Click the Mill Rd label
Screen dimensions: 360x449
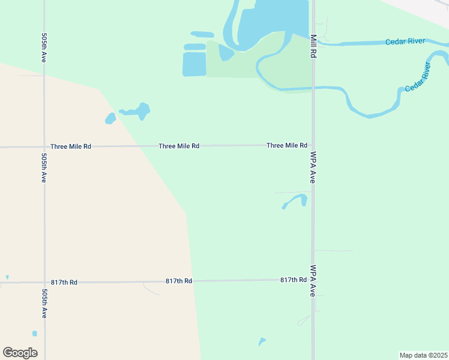click(313, 46)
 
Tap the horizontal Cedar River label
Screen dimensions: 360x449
click(405, 41)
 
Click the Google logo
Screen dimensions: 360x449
click(20, 353)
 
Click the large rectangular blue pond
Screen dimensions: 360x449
click(194, 64)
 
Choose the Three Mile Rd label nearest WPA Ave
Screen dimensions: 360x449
click(287, 145)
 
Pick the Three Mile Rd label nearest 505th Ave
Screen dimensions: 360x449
click(71, 146)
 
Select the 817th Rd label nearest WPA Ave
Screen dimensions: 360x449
click(293, 280)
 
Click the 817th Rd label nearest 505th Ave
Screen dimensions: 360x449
click(64, 282)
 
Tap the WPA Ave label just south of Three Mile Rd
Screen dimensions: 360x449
click(313, 167)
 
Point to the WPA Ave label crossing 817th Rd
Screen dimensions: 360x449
click(313, 281)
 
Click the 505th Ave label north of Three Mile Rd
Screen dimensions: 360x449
click(44, 48)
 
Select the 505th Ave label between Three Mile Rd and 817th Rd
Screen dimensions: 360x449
click(44, 167)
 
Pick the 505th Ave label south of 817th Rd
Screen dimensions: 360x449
click(44, 304)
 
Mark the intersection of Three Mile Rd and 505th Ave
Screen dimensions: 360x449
click(44, 146)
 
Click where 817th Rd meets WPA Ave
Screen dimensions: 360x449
click(313, 280)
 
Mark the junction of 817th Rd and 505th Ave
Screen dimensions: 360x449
click(44, 282)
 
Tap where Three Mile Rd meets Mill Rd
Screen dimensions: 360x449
click(313, 145)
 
